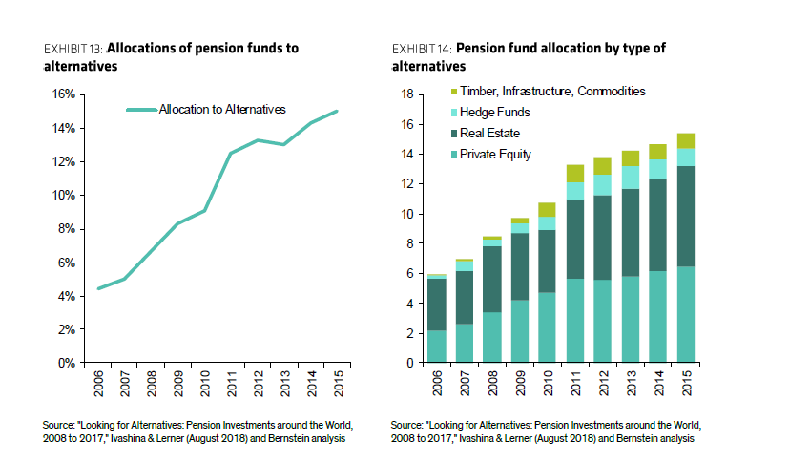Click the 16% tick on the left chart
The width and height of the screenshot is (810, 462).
(x=62, y=94)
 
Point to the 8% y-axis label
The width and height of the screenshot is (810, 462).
(x=65, y=229)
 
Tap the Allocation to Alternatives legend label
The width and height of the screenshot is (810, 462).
(x=221, y=110)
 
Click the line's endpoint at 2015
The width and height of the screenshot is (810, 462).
(x=337, y=111)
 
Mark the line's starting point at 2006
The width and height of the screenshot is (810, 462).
(x=99, y=288)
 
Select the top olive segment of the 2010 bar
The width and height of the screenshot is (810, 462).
(x=547, y=210)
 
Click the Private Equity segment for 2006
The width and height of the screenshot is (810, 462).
(x=436, y=346)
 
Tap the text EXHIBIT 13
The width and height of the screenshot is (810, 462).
(x=73, y=48)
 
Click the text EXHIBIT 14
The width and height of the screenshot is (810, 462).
(x=422, y=48)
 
